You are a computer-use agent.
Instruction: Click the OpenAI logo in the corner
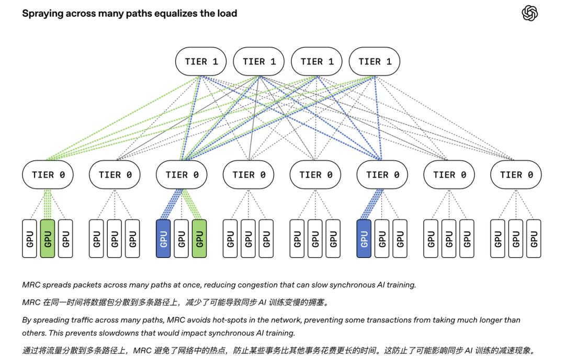(529, 13)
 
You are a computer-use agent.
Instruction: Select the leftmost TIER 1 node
(201, 62)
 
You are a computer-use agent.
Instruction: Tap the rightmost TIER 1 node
(375, 62)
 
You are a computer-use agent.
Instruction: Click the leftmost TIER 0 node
(48, 175)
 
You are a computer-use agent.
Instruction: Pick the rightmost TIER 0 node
(516, 175)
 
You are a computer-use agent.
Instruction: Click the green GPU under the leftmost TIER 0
(48, 239)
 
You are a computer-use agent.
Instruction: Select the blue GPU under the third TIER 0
(163, 239)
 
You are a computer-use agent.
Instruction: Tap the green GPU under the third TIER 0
(199, 239)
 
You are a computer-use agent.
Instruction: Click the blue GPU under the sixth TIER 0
(364, 239)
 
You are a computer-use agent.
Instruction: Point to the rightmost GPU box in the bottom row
(534, 239)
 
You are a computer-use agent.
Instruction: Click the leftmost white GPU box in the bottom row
(29, 239)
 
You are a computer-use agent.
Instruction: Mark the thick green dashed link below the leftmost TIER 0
(48, 204)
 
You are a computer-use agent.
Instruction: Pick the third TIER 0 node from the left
(182, 175)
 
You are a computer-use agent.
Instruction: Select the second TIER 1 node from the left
(259, 62)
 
